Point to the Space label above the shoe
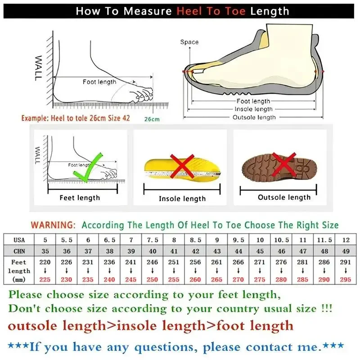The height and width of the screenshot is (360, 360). coord(189,42)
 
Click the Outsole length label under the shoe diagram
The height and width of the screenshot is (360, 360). coord(254,117)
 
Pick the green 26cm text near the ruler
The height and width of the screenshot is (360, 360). coord(152,120)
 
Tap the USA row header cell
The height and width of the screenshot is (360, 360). coord(19,240)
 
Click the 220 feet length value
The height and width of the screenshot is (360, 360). coord(45,262)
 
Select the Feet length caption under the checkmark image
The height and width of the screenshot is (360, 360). coord(80,198)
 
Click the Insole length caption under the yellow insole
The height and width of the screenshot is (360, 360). coord(182,198)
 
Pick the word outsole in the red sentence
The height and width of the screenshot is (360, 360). coord(33,325)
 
